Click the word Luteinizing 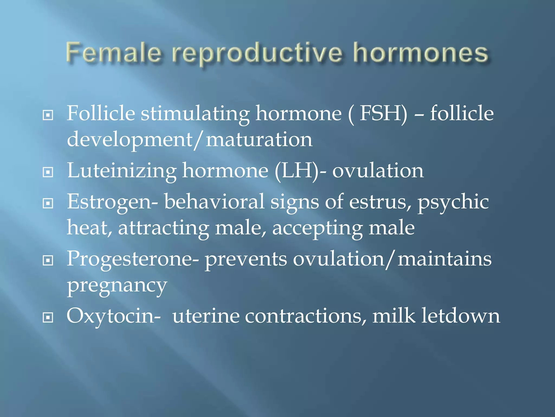pos(122,171)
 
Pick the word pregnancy pos(117,286)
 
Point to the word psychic pos(453,203)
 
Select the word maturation pos(259,140)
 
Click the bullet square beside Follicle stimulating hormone pos(48,115)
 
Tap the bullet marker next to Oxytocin pos(48,317)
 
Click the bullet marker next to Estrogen pos(48,203)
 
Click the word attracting pos(163,228)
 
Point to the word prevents pos(246,259)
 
